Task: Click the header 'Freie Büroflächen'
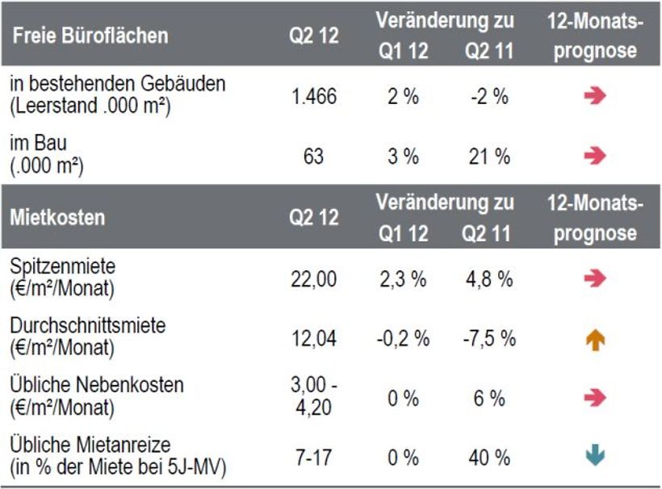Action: pos(90,36)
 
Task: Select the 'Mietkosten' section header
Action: pos(57,217)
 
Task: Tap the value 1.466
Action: pos(313,97)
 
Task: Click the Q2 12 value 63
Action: pos(313,156)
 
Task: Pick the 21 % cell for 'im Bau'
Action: pos(489,156)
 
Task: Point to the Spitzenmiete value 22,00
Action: pos(313,279)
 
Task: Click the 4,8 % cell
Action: pos(489,279)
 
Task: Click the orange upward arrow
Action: pos(596,340)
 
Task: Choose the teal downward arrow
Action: pos(596,458)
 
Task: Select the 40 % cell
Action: pos(489,458)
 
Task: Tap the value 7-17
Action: pos(313,458)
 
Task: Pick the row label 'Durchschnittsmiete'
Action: pos(88,326)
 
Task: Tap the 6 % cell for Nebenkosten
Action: pos(489,398)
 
